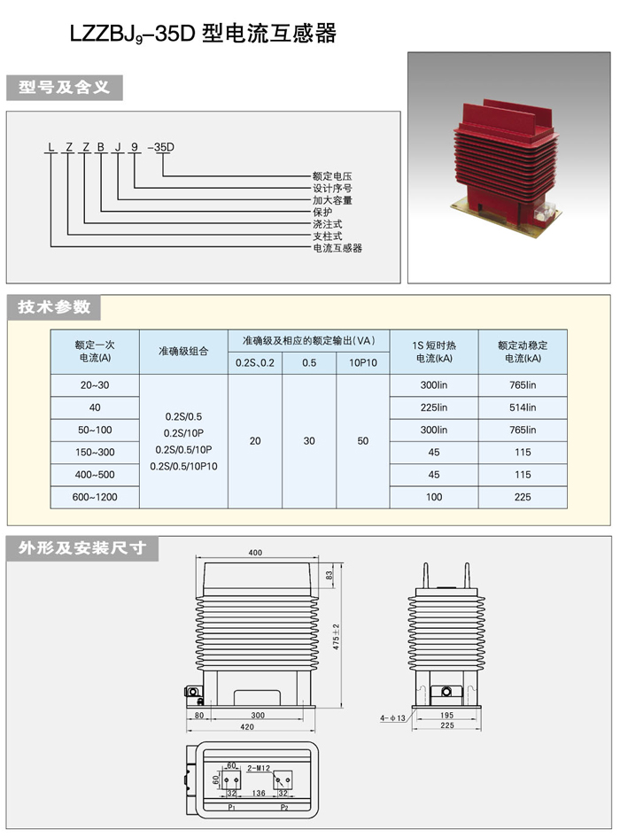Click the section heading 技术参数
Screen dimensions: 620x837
[53, 307]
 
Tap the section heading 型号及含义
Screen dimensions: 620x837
[64, 87]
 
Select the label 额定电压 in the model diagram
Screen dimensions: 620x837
[332, 175]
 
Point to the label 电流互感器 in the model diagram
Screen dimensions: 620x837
[337, 248]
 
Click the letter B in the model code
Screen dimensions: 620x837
[101, 147]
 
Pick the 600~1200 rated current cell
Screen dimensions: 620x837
[95, 497]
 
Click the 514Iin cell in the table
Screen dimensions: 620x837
[523, 407]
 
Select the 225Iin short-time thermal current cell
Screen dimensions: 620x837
[434, 407]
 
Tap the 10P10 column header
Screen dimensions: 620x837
[362, 363]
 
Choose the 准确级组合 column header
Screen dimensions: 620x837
[183, 352]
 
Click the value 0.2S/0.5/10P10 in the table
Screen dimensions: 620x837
[183, 466]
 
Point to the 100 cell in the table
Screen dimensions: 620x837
[434, 497]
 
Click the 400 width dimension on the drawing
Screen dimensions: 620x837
[255, 553]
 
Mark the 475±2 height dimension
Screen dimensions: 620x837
[336, 636]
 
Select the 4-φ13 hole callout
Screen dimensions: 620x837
[392, 718]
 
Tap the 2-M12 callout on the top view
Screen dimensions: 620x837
[259, 768]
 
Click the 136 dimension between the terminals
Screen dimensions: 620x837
[259, 793]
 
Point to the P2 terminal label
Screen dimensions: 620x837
[284, 807]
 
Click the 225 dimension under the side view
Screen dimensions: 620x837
[447, 725]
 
